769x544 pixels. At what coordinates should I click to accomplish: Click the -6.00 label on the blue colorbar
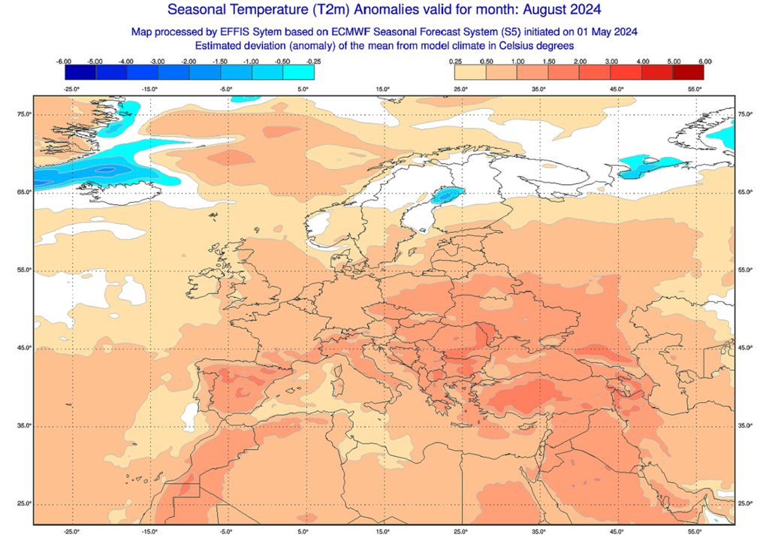tap(64, 61)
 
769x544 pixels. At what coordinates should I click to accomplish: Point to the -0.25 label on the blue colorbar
tap(313, 61)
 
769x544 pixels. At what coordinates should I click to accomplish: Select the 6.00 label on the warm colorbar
tap(704, 61)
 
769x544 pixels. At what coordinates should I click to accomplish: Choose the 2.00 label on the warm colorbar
tap(580, 61)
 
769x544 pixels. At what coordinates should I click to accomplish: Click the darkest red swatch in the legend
tap(689, 72)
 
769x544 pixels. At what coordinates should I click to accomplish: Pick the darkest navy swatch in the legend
tap(80, 72)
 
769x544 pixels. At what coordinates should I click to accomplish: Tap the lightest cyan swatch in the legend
tap(298, 72)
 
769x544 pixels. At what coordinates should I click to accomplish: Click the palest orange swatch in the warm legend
tap(471, 72)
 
